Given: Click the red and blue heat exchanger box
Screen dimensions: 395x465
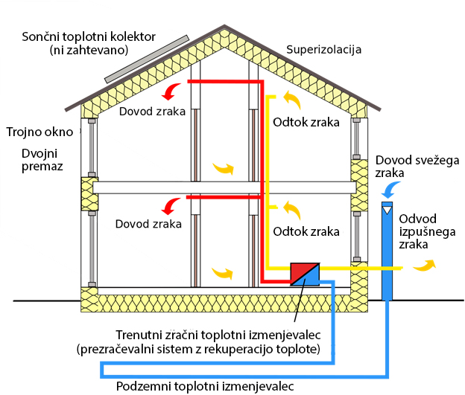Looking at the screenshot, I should pos(304,272).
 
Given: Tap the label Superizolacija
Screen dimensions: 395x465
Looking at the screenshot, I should pos(324,51).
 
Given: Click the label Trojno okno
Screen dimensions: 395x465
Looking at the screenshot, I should pos(40,132).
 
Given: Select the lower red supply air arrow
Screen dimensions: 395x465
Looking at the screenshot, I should pos(171,202).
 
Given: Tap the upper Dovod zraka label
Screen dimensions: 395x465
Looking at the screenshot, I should pos(148,112).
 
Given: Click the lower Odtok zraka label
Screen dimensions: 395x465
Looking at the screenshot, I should pos(306,231).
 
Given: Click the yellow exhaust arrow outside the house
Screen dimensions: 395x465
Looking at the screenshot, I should pos(427,264).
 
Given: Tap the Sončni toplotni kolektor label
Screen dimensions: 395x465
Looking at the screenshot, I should pos(89,43).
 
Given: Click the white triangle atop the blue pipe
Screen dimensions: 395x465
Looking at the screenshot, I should pos(388,211).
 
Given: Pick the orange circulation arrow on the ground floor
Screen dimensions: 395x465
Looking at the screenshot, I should pos(221,274).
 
